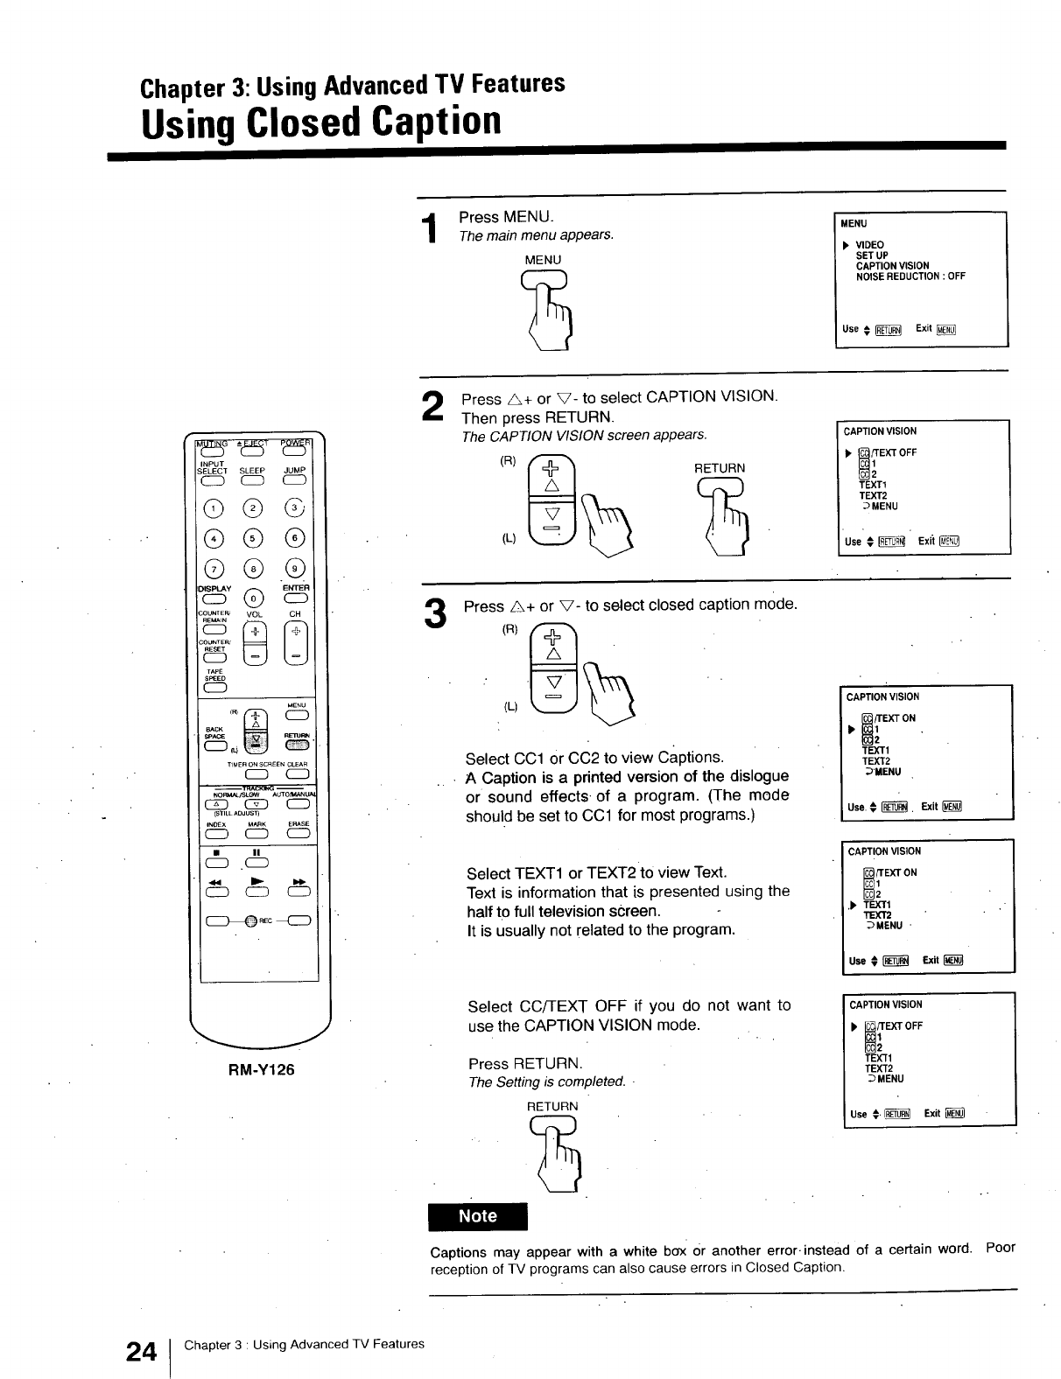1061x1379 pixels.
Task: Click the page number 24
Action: tap(141, 1352)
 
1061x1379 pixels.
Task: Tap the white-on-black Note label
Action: tap(478, 1216)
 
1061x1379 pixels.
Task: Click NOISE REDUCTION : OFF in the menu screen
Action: tap(910, 276)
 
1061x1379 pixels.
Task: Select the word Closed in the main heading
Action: tap(303, 122)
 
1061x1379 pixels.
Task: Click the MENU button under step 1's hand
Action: tap(544, 279)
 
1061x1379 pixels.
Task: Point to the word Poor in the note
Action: tap(1000, 1248)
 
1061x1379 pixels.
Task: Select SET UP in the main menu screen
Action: tap(872, 255)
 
